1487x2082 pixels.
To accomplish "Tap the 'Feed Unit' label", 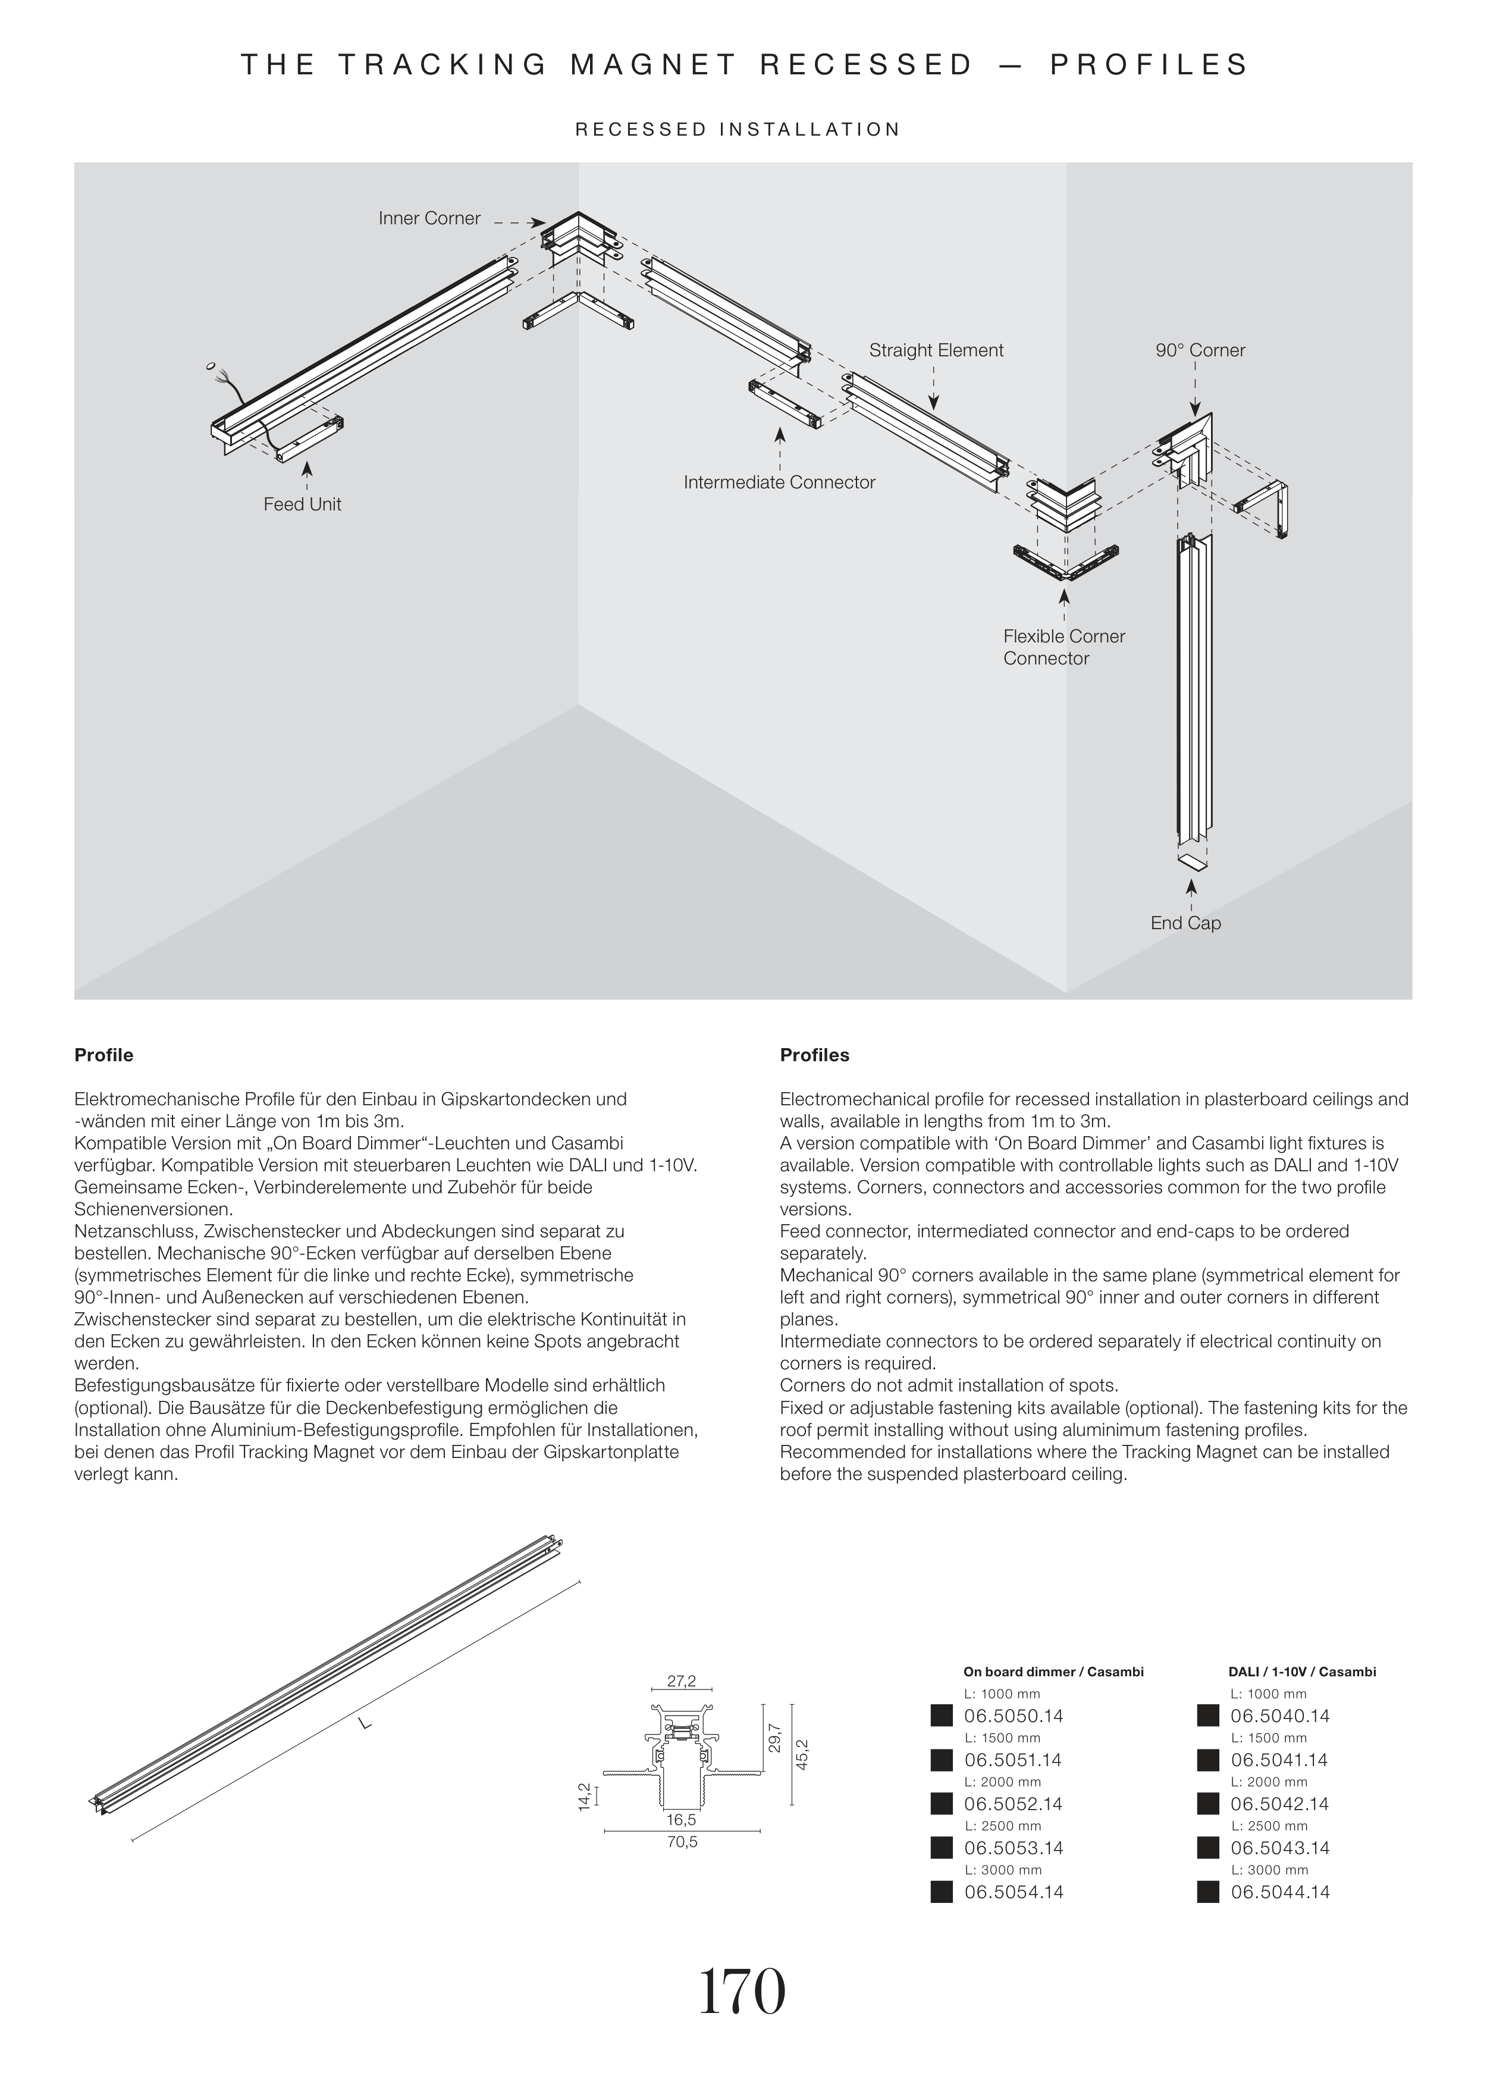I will [x=302, y=504].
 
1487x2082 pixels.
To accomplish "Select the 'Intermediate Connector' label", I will [x=779, y=482].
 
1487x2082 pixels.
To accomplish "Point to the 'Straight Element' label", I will [x=936, y=350].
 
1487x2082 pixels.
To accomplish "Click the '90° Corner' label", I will [x=1200, y=350].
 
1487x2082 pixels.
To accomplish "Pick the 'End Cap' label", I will [x=1186, y=923].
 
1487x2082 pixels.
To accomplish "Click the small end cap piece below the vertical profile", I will [x=1190, y=861].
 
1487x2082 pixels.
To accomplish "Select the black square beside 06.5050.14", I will [x=942, y=1716].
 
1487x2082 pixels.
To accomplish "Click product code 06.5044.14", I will [x=1280, y=1892].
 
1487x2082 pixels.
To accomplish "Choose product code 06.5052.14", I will [x=1014, y=1804].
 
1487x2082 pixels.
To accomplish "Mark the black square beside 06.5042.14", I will [x=1207, y=1804].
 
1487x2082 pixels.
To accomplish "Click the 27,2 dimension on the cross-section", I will [x=681, y=1681].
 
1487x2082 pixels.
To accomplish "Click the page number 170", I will [x=742, y=1992].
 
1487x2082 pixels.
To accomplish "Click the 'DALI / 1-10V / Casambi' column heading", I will [x=1301, y=1672].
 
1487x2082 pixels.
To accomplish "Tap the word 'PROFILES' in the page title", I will [x=1149, y=65].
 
